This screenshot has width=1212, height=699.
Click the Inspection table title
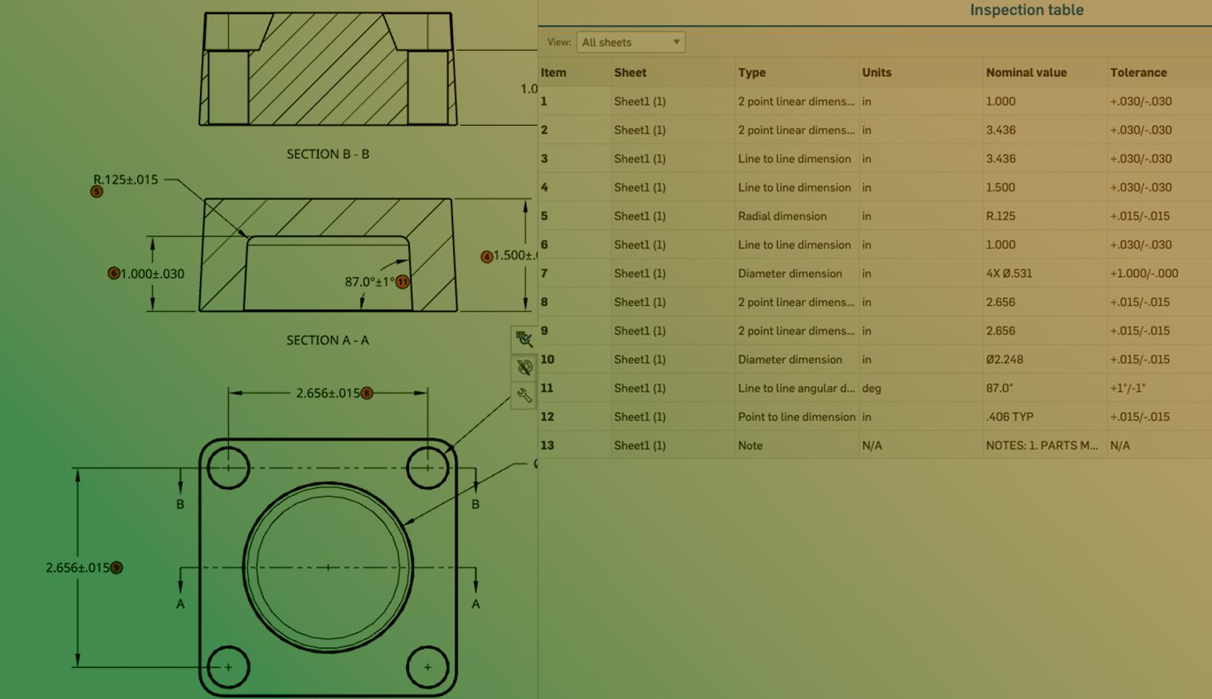click(1026, 10)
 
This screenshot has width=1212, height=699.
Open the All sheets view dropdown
click(631, 42)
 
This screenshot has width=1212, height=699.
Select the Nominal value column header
click(1026, 73)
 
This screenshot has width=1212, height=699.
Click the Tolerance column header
click(1139, 73)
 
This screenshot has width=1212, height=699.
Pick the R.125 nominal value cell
click(1001, 216)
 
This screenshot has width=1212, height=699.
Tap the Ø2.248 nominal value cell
click(1004, 359)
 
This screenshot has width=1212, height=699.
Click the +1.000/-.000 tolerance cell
click(1144, 273)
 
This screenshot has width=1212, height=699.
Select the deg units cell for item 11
click(871, 389)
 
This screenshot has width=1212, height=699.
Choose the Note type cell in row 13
click(750, 445)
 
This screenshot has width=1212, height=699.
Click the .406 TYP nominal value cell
click(1009, 417)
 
